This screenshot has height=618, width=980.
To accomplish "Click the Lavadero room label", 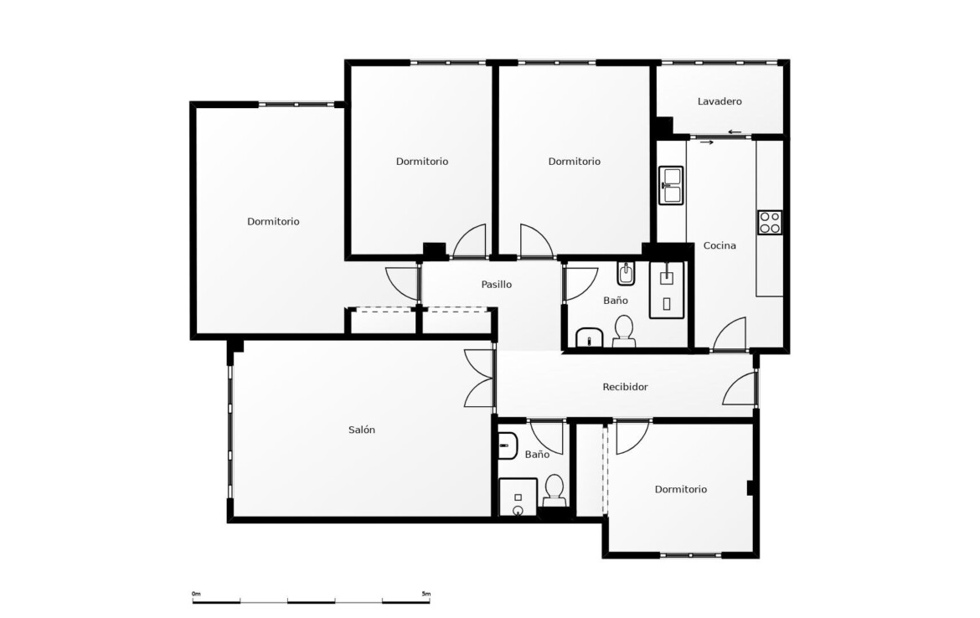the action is click(x=720, y=101).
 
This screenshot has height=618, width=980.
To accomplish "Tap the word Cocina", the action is click(x=720, y=245).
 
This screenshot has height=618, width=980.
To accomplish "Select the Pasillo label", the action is click(x=496, y=285).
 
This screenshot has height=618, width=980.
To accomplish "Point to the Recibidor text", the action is click(x=625, y=387).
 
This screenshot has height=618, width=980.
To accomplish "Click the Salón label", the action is click(x=362, y=430).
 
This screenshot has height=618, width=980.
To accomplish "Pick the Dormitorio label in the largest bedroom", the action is click(x=273, y=221).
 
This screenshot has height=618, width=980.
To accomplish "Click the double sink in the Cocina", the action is click(x=671, y=185).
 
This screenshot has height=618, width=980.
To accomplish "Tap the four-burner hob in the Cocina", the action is click(x=770, y=223).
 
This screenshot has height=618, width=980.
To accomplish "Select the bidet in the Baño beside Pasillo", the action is click(x=626, y=274).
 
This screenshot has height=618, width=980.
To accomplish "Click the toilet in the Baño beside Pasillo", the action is click(x=624, y=331).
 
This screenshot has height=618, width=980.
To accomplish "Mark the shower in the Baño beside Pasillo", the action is click(x=667, y=290).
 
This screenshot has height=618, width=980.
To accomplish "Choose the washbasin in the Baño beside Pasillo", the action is click(x=589, y=337).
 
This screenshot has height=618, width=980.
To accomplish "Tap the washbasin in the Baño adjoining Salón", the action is click(x=508, y=445).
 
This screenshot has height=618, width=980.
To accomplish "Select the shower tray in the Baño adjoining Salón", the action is click(x=518, y=497).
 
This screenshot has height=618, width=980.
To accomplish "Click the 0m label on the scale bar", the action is click(x=196, y=594).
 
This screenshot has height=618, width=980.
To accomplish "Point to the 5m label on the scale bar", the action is click(x=426, y=594).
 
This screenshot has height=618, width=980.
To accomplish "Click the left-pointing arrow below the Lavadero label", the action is click(x=735, y=131).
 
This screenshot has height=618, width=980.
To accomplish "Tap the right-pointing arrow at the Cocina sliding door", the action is click(x=707, y=142).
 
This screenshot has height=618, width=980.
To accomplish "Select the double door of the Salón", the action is click(x=480, y=379).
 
